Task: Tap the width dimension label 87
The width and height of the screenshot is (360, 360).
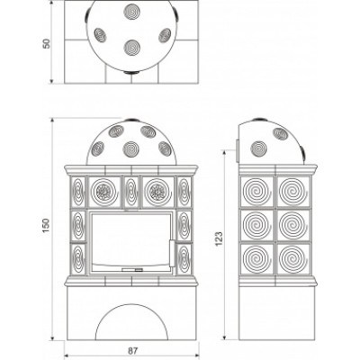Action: pos(133,351)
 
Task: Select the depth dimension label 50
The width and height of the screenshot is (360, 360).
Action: pos(47,43)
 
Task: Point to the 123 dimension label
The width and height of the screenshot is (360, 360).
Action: pos(220,238)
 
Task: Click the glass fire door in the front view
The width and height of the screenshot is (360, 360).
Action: pos(132,242)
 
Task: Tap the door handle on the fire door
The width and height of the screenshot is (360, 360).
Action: pos(173,253)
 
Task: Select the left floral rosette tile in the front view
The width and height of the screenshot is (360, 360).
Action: pos(104,192)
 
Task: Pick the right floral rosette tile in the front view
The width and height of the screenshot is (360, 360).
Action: pos(157,192)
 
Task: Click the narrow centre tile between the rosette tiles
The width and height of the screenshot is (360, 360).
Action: pos(131,192)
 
